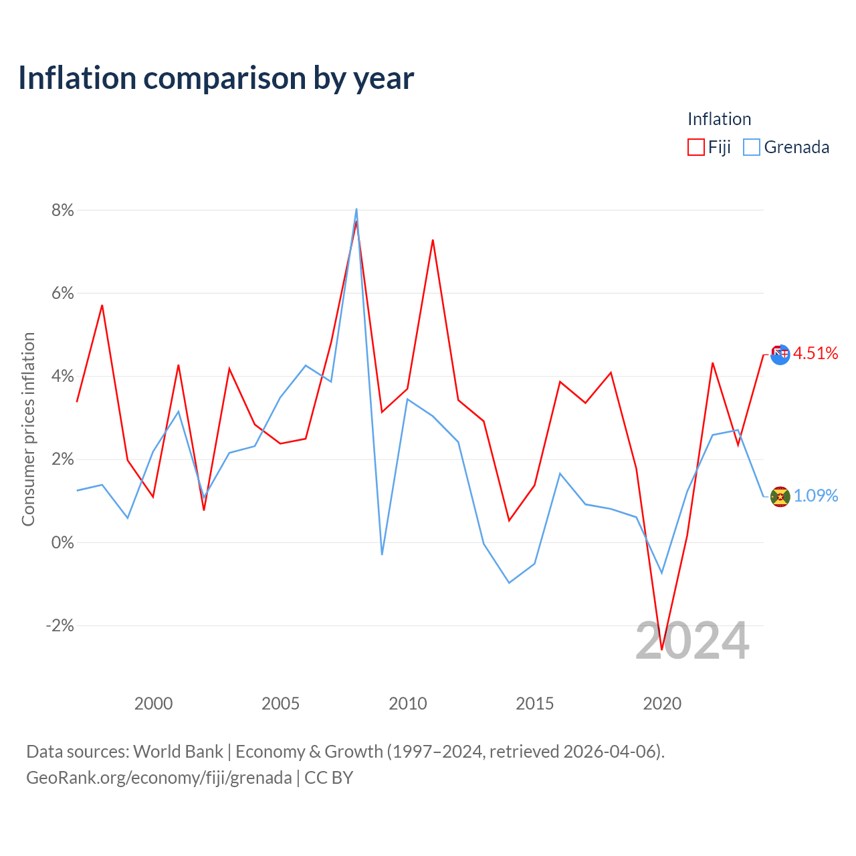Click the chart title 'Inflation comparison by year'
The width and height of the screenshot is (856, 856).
coord(216,78)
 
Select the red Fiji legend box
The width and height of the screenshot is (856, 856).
coord(695,147)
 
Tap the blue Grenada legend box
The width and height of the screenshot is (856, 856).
coord(752,147)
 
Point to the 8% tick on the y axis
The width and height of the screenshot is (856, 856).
coord(63,210)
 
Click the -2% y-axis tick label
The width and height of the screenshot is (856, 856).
coord(60,625)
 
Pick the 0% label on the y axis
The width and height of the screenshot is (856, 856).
coord(63,542)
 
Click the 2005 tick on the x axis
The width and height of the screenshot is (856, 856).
coord(280,704)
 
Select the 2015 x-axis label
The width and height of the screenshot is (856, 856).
coord(535,704)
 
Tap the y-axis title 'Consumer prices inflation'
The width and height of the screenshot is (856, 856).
coord(28,429)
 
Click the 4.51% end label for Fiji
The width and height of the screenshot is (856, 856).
coord(816,353)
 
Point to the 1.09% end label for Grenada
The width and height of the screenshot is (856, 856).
coord(816,496)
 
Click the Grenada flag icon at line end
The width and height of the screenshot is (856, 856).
coord(780,497)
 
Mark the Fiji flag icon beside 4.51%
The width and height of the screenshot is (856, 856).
coord(780,354)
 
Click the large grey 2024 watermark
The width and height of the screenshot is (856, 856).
coord(693,641)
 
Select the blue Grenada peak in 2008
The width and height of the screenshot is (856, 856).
coord(356,209)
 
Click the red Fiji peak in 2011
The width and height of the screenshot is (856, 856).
coord(433,240)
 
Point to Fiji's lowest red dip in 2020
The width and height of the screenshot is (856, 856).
coord(662,649)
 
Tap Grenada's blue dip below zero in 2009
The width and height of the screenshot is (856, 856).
coord(382,554)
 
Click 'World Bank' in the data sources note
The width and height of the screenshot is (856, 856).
coord(178,752)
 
